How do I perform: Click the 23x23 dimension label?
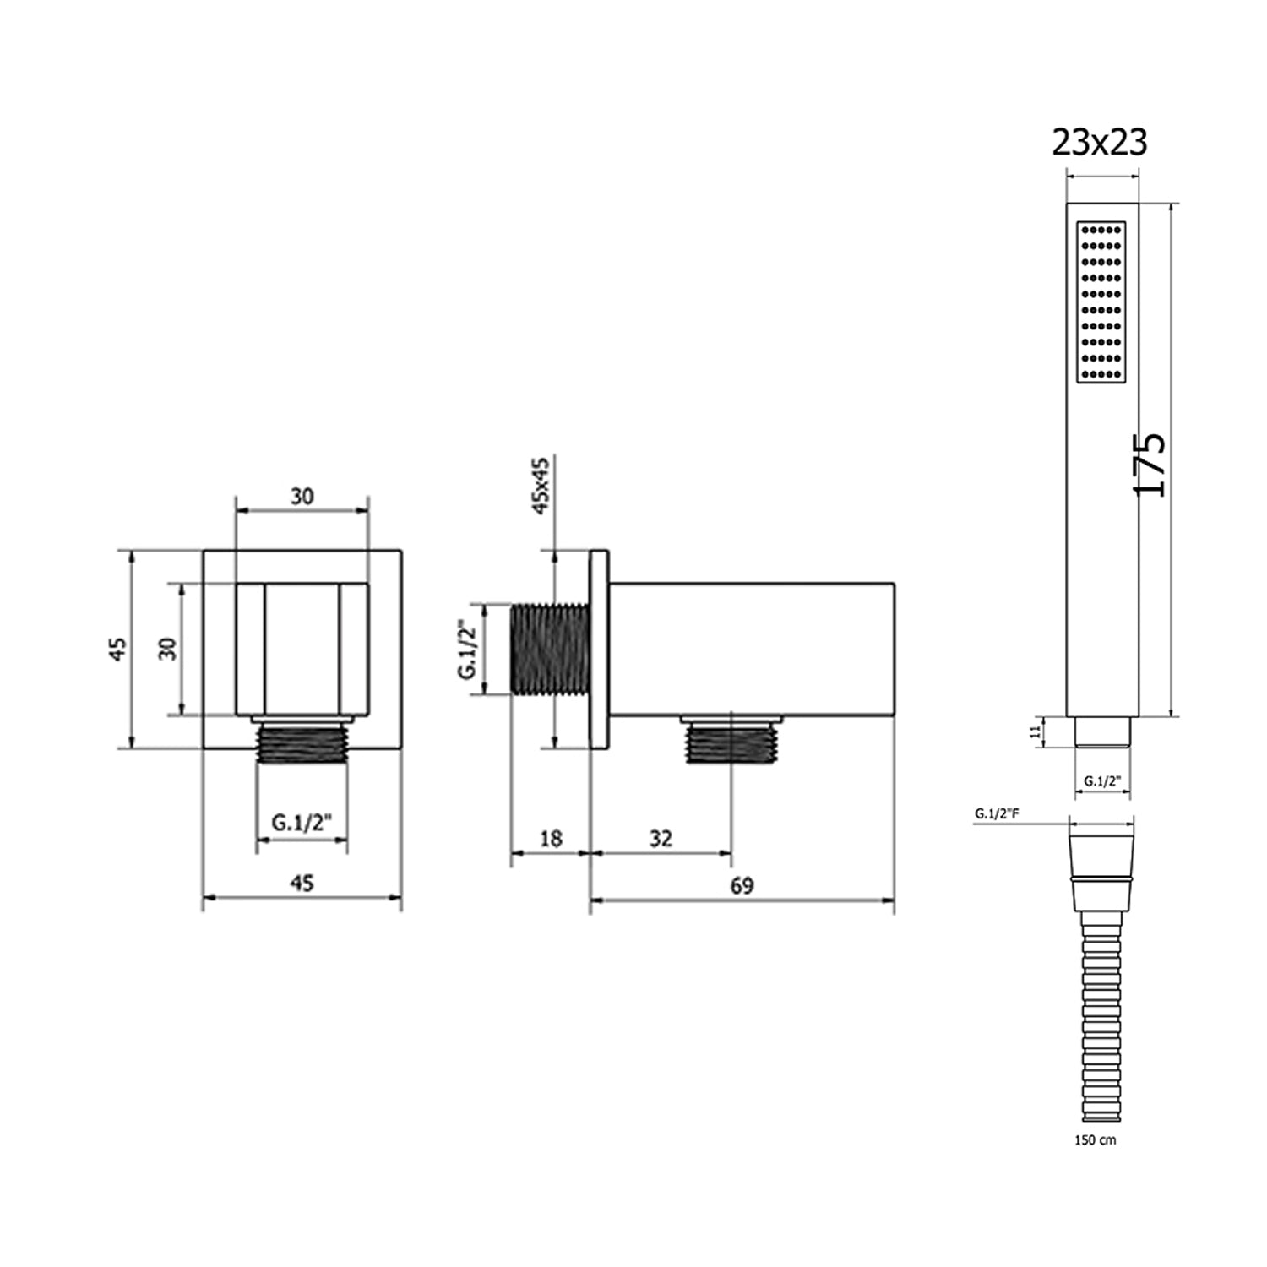(1099, 143)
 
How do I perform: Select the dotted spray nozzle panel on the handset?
(1101, 302)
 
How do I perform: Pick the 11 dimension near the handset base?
(1036, 731)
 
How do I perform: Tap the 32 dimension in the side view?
(661, 838)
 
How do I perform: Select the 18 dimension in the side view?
(551, 838)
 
